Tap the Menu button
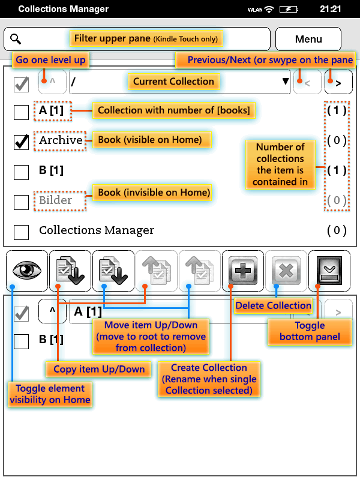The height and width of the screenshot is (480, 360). tap(308, 39)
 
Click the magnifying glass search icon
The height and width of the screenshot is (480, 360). tap(16, 40)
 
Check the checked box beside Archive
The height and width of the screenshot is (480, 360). tap(22, 142)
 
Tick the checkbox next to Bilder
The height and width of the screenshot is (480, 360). tap(22, 202)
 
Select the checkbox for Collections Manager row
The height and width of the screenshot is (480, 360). tap(22, 232)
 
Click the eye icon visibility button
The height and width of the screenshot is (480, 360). tap(27, 271)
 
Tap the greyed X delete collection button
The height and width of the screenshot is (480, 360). tap(286, 271)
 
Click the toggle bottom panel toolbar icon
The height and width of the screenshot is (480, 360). tap(329, 271)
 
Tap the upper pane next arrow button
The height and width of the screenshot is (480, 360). tap(338, 83)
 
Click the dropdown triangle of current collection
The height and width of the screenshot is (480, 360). tap(286, 82)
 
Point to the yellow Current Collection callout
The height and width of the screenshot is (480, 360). tap(173, 82)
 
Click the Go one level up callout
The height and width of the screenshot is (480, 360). tap(51, 60)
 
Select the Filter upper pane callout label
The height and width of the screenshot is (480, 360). tap(146, 39)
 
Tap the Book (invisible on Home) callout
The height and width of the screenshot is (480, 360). tap(154, 193)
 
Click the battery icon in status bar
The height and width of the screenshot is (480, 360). tap(289, 10)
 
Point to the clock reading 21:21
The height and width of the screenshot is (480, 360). tap(331, 10)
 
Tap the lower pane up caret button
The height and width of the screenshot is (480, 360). tap(52, 311)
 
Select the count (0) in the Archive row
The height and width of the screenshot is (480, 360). tap(337, 140)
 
